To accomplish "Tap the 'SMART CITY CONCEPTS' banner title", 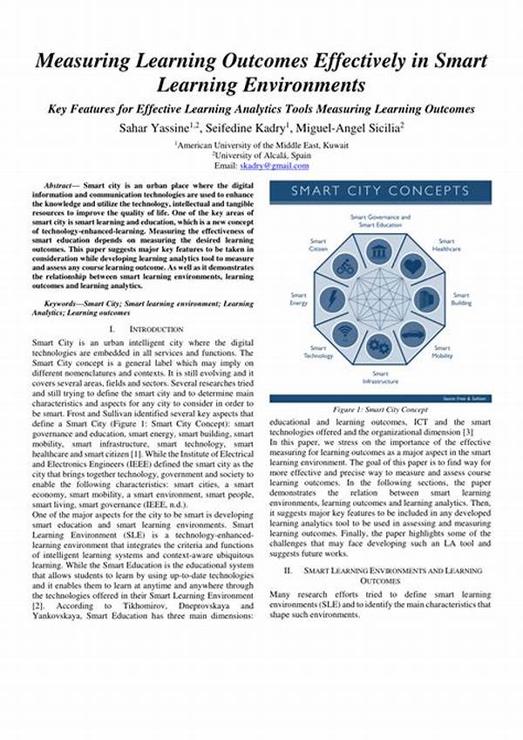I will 380,191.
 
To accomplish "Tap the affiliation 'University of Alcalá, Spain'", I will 261,154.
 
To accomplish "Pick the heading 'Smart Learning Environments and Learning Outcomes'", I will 380,574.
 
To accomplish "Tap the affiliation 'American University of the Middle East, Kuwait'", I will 261,144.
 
